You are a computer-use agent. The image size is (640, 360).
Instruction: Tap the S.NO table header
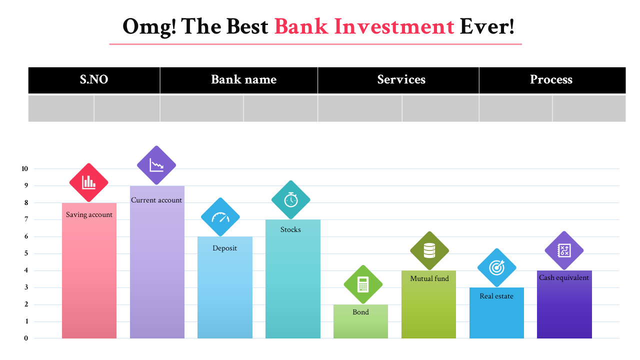pos(94,79)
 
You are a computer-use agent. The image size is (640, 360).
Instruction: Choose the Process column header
pos(552,79)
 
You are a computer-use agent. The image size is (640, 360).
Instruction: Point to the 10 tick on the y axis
pos(25,169)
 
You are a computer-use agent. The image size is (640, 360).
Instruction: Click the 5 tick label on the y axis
pos(26,253)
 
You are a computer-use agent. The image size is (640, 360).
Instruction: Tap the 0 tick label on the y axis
pos(26,338)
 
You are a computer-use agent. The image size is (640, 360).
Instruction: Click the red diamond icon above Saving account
pos(89,182)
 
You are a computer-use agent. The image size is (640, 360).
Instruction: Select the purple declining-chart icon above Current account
pos(156,165)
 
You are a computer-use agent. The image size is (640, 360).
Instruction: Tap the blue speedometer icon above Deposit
pos(220,217)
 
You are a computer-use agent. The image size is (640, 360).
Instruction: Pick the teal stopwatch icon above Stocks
pos(291,199)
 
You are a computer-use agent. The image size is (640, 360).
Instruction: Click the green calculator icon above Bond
pos(363,284)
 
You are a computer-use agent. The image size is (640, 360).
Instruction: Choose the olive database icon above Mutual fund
pos(429,250)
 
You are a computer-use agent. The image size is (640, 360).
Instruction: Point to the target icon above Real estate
pos(497,267)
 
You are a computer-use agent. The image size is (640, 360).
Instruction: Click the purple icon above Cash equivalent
pos(564,250)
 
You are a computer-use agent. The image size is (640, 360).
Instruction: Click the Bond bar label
pos(360,312)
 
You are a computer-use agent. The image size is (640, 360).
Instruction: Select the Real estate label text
pos(496,296)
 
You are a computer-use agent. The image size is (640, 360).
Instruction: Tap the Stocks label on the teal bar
pos(290,229)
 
